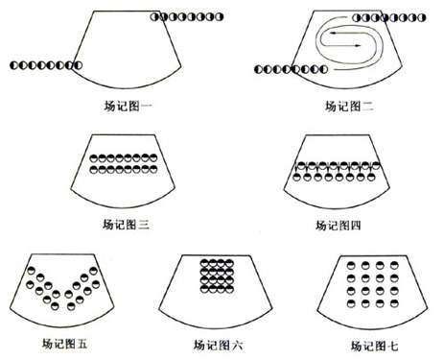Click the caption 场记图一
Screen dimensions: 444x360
[128, 107]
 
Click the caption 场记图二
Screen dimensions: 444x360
[349, 107]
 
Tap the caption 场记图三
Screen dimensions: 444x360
[126, 225]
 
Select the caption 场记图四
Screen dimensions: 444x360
[339, 226]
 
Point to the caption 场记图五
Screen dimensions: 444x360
[64, 344]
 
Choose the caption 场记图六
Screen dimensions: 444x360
[218, 346]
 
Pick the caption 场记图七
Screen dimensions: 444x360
[374, 346]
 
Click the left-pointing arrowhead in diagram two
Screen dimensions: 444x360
[333, 33]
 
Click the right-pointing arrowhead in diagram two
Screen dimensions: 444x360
[358, 46]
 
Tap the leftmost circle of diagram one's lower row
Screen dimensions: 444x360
[13, 65]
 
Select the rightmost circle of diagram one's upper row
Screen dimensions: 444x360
[219, 16]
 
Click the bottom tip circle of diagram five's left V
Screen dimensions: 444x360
[55, 306]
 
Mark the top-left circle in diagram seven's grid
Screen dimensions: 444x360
[351, 265]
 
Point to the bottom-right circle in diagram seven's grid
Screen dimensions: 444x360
[394, 303]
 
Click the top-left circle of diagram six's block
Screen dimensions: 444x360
[204, 263]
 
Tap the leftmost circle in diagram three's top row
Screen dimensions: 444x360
[94, 158]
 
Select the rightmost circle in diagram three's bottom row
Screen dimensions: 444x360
[153, 169]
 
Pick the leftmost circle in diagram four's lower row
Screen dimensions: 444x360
[297, 177]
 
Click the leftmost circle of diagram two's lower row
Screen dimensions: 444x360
[258, 69]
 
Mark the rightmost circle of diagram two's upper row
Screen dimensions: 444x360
[422, 17]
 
